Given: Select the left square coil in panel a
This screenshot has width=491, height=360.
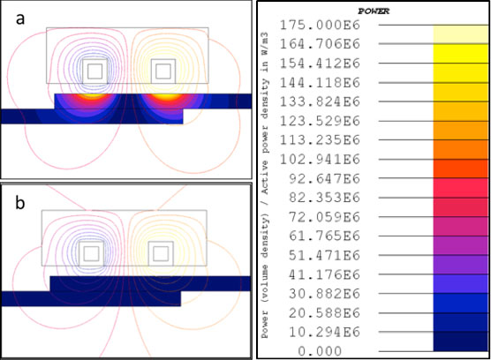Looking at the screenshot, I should [94, 69].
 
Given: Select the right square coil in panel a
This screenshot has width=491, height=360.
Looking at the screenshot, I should [162, 69].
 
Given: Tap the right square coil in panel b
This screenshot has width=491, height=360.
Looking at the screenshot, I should [160, 253].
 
